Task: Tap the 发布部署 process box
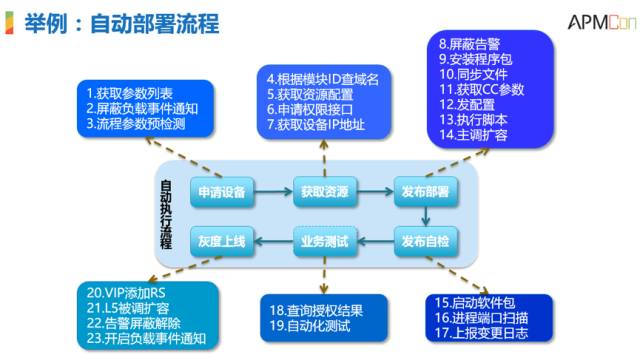point(425,190)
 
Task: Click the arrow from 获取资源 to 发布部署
point(374,190)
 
